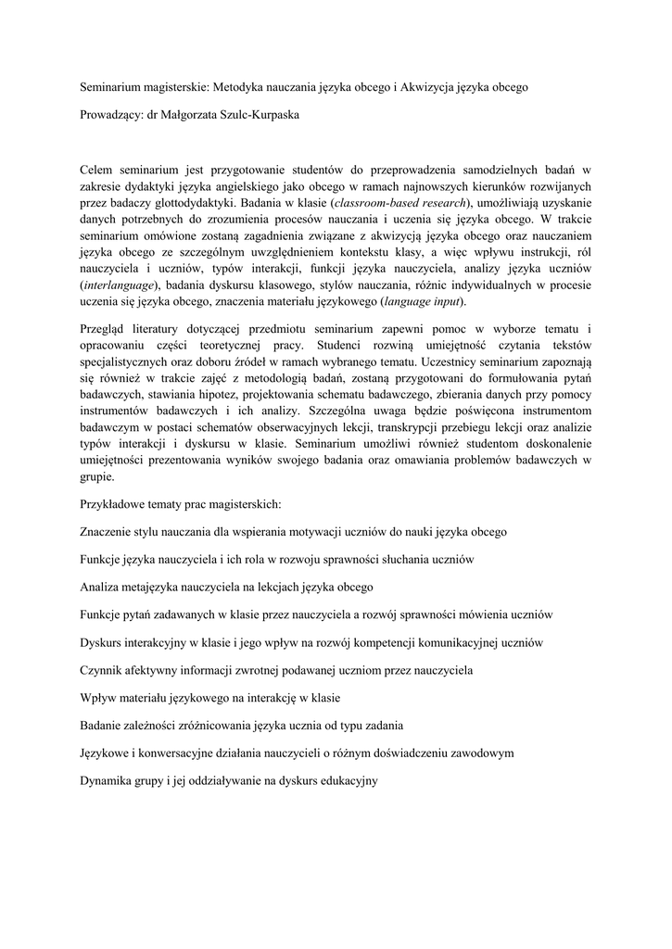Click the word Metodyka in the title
point(239,88)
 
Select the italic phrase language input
point(421,302)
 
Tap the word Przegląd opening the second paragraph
point(106,330)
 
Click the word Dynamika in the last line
point(108,780)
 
